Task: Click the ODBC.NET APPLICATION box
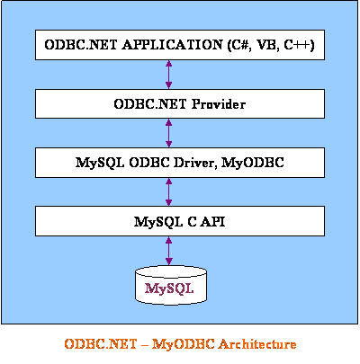pyautogui.click(x=180, y=45)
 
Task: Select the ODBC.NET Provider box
pyautogui.click(x=180, y=103)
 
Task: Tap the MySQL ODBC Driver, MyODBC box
pyautogui.click(x=180, y=163)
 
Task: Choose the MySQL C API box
pyautogui.click(x=180, y=221)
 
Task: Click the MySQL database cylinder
pyautogui.click(x=171, y=286)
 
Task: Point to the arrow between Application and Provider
pyautogui.click(x=169, y=75)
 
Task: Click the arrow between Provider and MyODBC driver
pyautogui.click(x=169, y=133)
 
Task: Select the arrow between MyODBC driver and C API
pyautogui.click(x=169, y=191)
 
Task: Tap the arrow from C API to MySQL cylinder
pyautogui.click(x=169, y=251)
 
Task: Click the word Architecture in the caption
pyautogui.click(x=257, y=344)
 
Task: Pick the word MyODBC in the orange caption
pyautogui.click(x=184, y=344)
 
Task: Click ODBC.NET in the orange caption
pyautogui.click(x=101, y=344)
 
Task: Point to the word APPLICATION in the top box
pyautogui.click(x=172, y=45)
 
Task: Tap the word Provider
pyautogui.click(x=219, y=104)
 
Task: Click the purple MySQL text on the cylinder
pyautogui.click(x=169, y=289)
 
